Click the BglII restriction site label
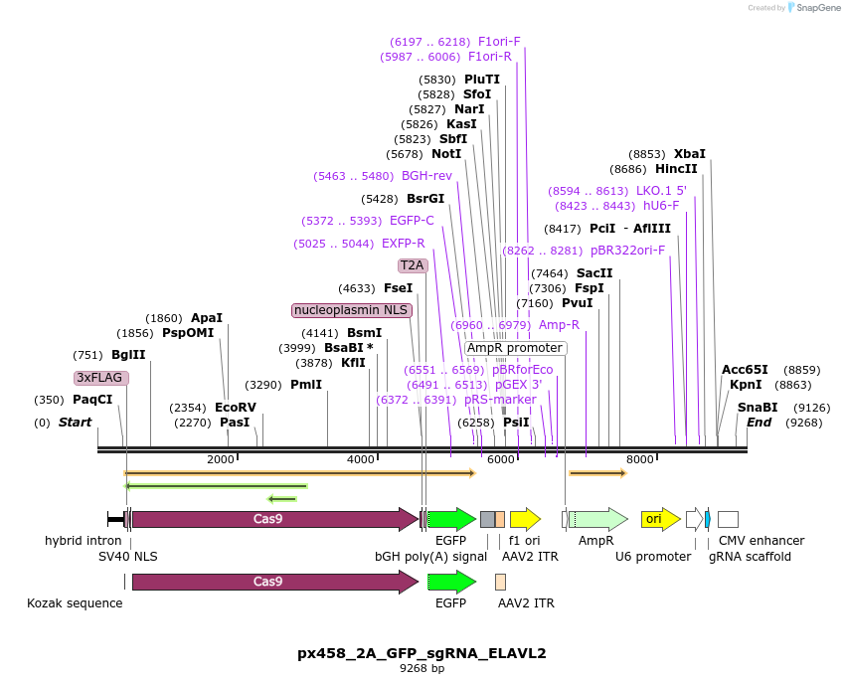pos(128,355)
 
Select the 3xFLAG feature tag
pos(101,378)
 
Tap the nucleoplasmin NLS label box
pos(352,310)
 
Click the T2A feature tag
pos(413,265)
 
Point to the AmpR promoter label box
pos(515,348)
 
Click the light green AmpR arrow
pos(597,519)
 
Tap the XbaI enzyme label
pos(690,154)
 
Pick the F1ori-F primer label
pos(499,42)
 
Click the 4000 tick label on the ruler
pos(361,459)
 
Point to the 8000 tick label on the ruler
pos(640,459)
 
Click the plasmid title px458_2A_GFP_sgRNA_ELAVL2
pos(422,653)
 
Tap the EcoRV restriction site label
pos(236,408)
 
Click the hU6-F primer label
pos(661,206)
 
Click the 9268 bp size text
pos(422,669)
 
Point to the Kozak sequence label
pos(75,602)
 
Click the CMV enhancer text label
pos(763,541)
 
